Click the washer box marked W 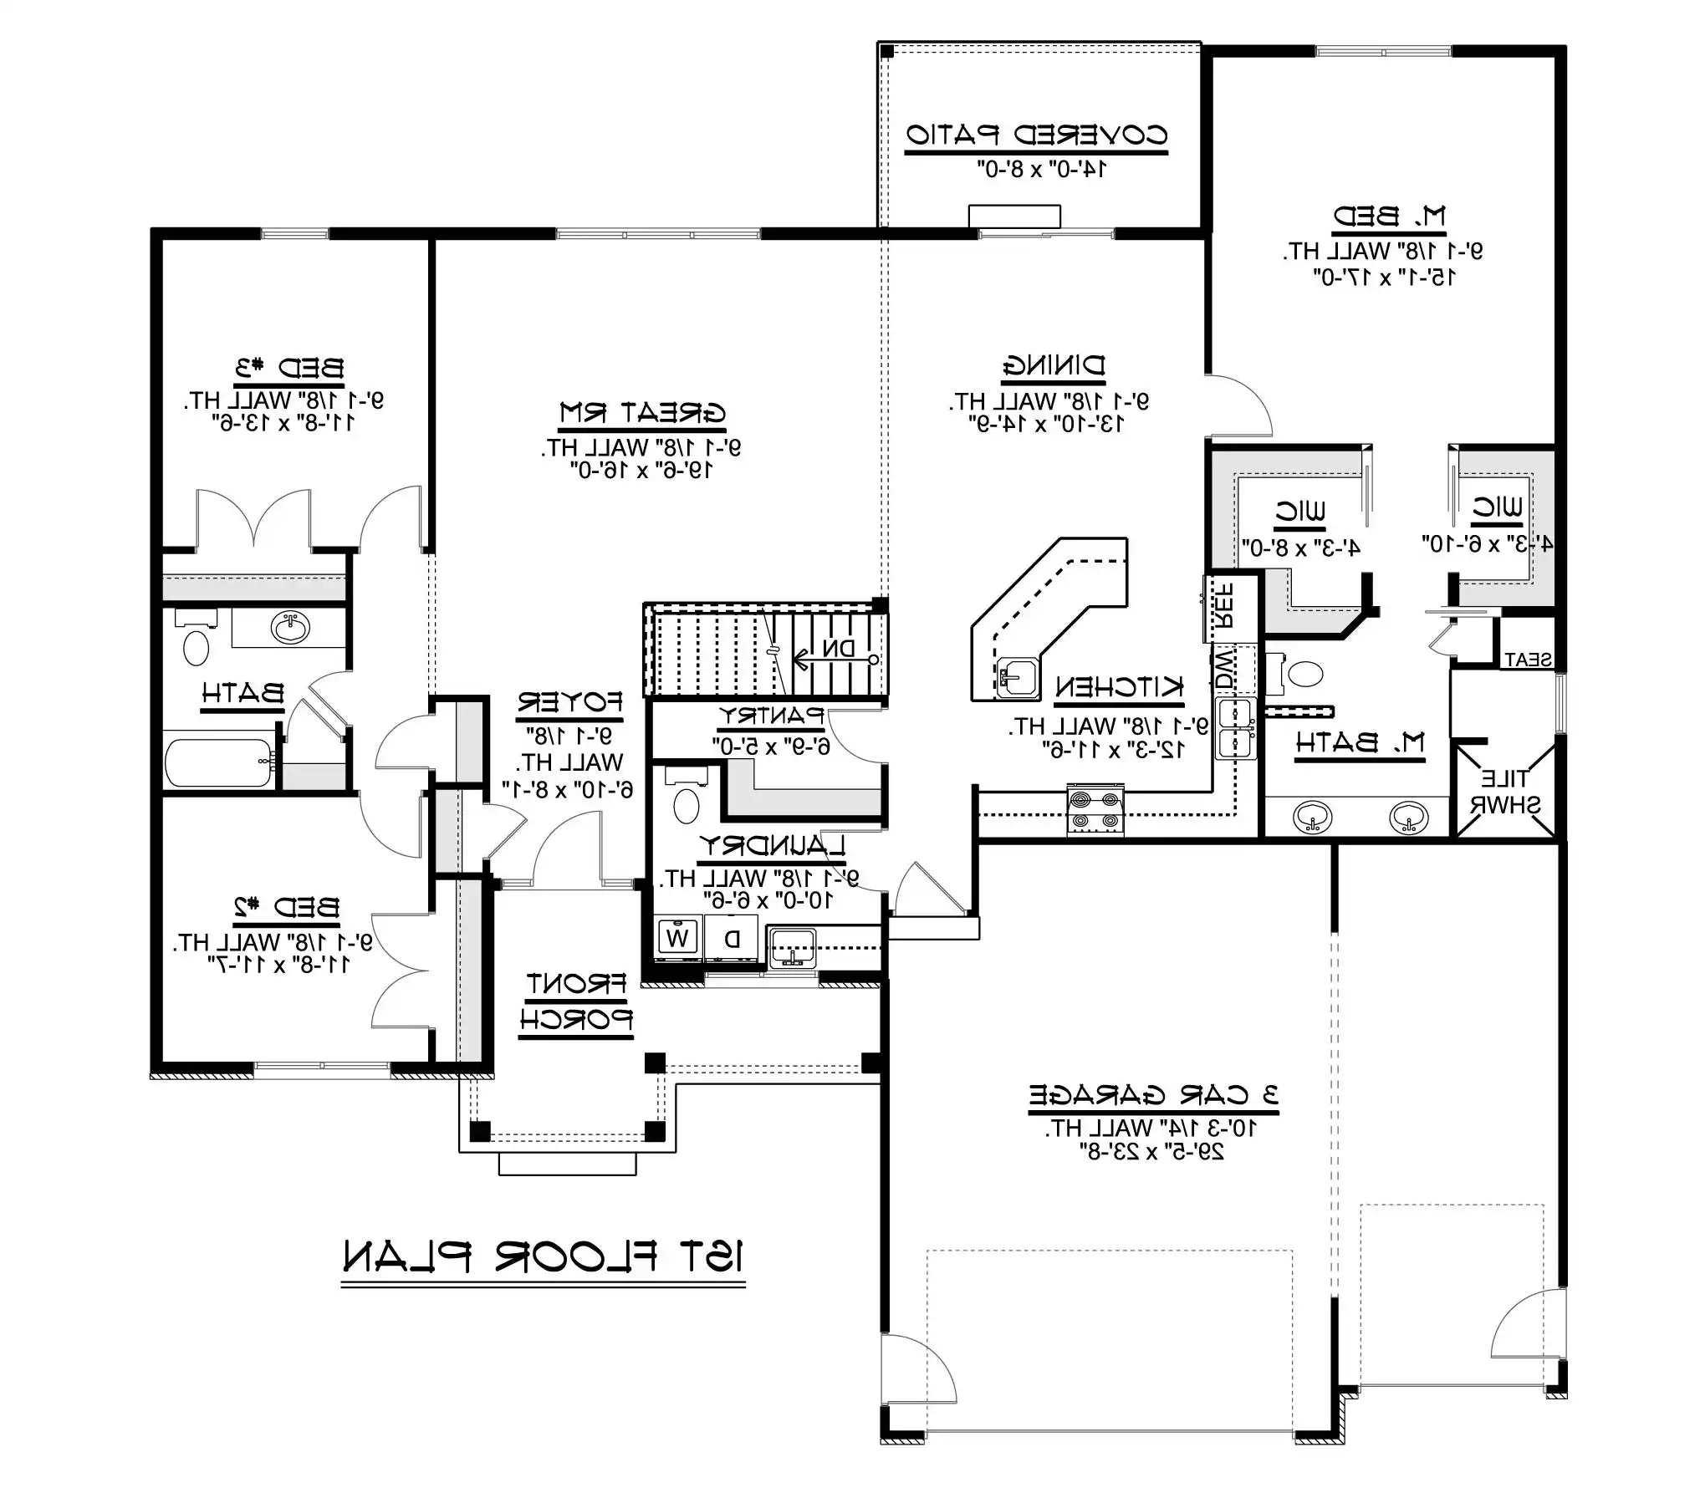pyautogui.click(x=676, y=938)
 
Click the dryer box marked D pyautogui.click(x=732, y=938)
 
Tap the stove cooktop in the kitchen pyautogui.click(x=1095, y=810)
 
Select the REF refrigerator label pyautogui.click(x=1223, y=606)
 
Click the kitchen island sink pyautogui.click(x=1018, y=677)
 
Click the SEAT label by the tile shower pyautogui.click(x=1528, y=660)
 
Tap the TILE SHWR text pyautogui.click(x=1505, y=792)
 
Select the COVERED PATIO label pyautogui.click(x=1037, y=135)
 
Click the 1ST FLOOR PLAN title pyautogui.click(x=543, y=1256)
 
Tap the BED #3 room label pyautogui.click(x=288, y=368)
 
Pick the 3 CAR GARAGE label pyautogui.click(x=1153, y=1095)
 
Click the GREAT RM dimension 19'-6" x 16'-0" pyautogui.click(x=641, y=471)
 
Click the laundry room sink pyautogui.click(x=791, y=948)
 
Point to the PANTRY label pyautogui.click(x=772, y=716)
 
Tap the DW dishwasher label pyautogui.click(x=1223, y=669)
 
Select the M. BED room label pyautogui.click(x=1388, y=217)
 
